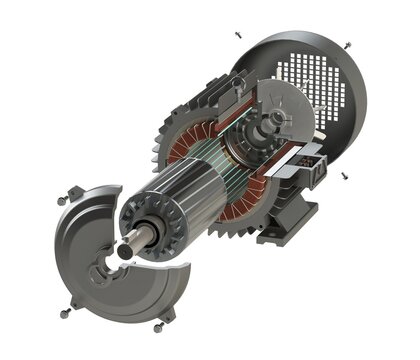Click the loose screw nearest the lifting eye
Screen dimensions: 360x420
tap(238, 33)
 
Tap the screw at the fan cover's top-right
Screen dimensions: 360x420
tap(347, 44)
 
